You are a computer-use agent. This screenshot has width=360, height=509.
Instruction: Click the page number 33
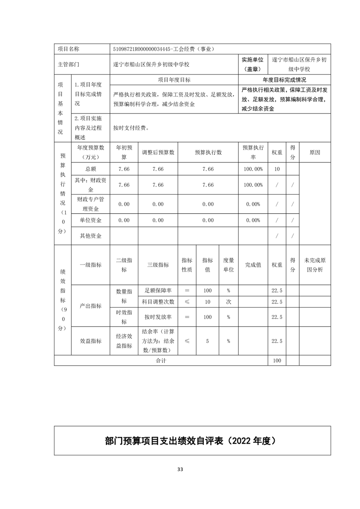pos(180,470)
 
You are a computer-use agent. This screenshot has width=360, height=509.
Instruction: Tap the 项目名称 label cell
pos(69,49)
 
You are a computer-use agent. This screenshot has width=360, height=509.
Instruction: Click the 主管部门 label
pos(69,64)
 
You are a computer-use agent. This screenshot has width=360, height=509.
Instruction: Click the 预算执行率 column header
pos(253,153)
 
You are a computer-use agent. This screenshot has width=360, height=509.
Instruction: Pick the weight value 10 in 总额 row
pos(277,169)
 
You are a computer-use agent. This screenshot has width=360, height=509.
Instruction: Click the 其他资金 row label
pos(91,236)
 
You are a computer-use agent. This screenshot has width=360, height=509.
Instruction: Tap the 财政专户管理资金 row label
pos(91,204)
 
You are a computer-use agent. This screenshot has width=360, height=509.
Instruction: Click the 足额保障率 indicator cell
pos(157,290)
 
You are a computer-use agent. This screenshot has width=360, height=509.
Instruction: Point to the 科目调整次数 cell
pos(157,302)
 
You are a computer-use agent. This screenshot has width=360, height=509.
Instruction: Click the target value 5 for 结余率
pos(207,341)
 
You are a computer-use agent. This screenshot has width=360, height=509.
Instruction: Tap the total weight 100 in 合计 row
pos(277,361)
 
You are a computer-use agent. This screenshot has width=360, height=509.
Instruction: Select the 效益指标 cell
pos(91,341)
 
